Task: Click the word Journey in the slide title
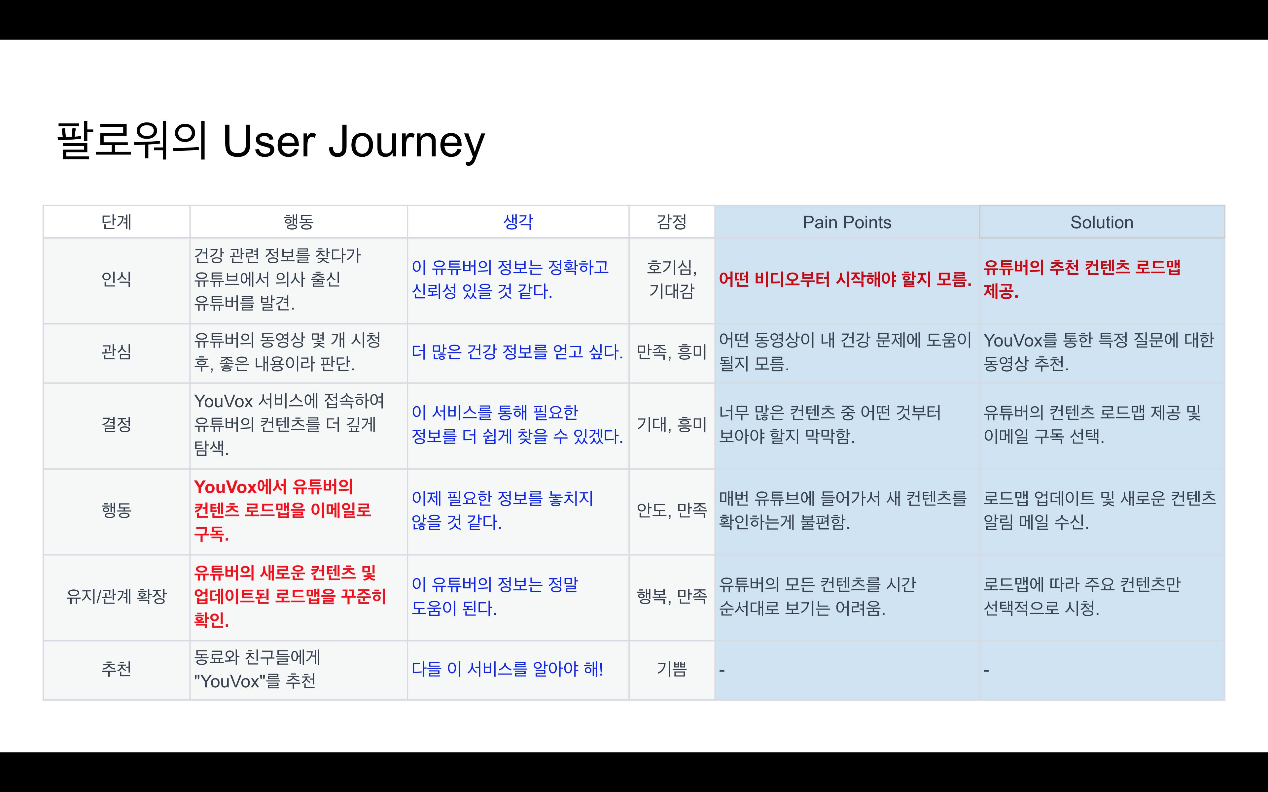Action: (406, 142)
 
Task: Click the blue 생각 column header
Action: (518, 222)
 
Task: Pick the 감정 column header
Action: (671, 222)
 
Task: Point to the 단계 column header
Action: (116, 222)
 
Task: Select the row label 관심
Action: (116, 351)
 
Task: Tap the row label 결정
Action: (116, 424)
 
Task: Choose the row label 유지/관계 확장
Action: (116, 596)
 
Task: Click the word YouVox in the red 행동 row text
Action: (225, 487)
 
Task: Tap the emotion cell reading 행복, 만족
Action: (671, 596)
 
